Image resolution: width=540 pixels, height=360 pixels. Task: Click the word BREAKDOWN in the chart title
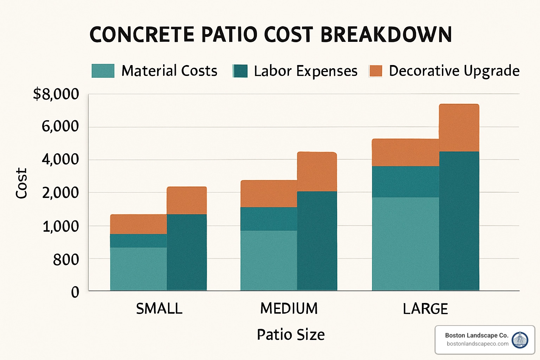[386, 34]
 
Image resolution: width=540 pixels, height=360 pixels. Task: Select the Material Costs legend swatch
[103, 71]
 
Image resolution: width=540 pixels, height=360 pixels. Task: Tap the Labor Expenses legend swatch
[240, 71]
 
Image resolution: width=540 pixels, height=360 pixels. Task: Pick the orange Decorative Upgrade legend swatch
[375, 71]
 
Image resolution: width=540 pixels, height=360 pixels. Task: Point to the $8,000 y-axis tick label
[56, 94]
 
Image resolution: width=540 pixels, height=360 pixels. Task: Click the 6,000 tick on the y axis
[60, 126]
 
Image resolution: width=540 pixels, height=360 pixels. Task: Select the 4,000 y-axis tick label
[60, 159]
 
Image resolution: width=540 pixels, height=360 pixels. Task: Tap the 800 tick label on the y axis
[66, 260]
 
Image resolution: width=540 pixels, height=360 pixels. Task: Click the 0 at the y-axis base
[75, 292]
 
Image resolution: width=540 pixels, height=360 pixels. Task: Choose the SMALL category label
[159, 309]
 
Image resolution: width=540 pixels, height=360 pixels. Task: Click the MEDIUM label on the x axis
[289, 309]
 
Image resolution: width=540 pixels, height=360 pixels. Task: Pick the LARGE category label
[425, 309]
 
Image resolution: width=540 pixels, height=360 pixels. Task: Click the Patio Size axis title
[291, 334]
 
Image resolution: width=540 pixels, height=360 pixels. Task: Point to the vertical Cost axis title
[21, 183]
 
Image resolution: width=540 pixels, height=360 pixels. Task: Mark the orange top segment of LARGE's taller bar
[459, 128]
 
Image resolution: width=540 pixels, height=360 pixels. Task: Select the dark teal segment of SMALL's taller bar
[187, 252]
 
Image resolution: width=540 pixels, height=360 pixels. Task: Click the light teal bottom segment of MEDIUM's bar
[269, 260]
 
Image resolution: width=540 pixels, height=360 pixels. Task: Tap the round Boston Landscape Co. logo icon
[520, 340]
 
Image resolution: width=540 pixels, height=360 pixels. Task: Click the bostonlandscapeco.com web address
[477, 344]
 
